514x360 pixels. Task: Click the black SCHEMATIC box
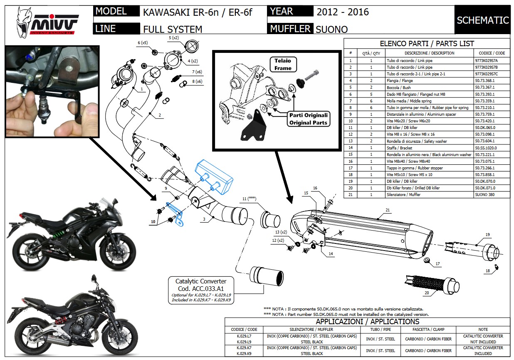pos(482,20)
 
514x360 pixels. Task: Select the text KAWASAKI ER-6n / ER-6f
pos(197,12)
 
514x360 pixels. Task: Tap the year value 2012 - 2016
pos(343,12)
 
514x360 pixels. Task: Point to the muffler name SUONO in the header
pos(331,29)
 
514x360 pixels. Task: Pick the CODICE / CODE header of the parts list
pos(492,53)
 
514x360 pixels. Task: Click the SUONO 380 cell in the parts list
pos(485,195)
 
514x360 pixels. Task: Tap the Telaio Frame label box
pos(283,64)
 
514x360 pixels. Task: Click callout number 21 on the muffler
pos(388,210)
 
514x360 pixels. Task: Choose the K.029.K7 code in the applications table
pos(244,347)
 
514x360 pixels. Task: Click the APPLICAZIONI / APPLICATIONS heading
pos(367,322)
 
